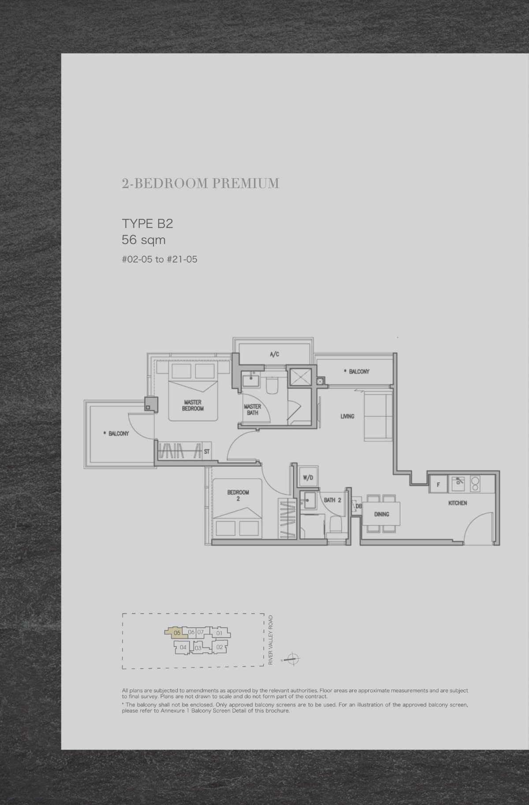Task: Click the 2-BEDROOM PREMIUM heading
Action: [201, 183]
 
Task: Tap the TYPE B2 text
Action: [147, 224]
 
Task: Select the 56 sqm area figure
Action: [143, 240]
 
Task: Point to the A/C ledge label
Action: [274, 354]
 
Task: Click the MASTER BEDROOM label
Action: [193, 405]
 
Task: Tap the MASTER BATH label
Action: [253, 410]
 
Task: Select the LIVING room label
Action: [347, 416]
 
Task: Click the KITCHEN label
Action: [458, 503]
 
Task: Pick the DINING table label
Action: [381, 514]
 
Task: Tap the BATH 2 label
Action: [332, 500]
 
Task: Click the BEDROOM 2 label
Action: [238, 495]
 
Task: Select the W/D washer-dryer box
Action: [308, 477]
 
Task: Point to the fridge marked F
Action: [438, 484]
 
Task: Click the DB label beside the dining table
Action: [358, 506]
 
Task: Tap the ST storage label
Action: [206, 452]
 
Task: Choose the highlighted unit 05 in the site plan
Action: [176, 633]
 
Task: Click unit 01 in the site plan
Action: [219, 633]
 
